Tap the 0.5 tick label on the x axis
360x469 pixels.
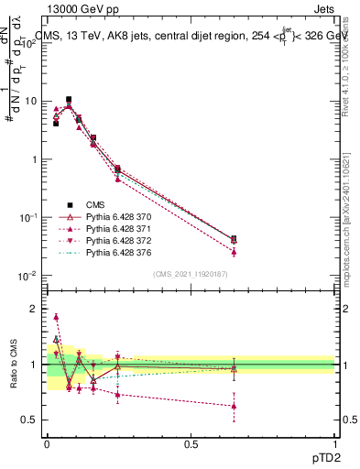click(x=191, y=444)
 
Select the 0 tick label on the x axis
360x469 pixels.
click(x=47, y=444)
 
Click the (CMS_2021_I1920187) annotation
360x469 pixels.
click(x=191, y=275)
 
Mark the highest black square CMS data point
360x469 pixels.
click(x=69, y=99)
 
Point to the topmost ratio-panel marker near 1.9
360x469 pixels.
click(x=56, y=317)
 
